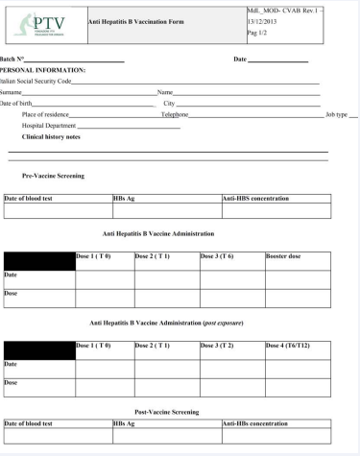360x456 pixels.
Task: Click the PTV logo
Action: [x=42, y=23]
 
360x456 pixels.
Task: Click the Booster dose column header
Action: [x=284, y=256]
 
